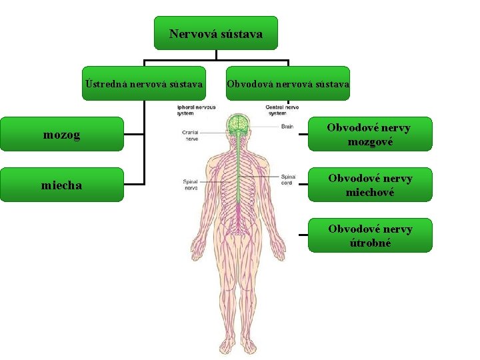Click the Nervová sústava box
click(215, 33)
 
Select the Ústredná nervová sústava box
click(145, 83)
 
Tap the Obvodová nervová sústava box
click(287, 83)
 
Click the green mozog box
click(62, 135)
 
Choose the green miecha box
click(62, 185)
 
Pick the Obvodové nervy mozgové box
click(370, 135)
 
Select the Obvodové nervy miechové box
click(370, 185)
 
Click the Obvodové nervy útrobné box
click(370, 235)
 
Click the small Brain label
click(287, 126)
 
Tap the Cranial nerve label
click(190, 136)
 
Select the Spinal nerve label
click(190, 185)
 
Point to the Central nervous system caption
click(282, 110)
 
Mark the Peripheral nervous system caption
click(195, 110)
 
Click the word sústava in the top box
click(239, 33)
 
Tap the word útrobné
click(370, 243)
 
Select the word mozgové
click(370, 142)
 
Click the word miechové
click(370, 192)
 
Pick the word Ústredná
click(107, 84)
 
